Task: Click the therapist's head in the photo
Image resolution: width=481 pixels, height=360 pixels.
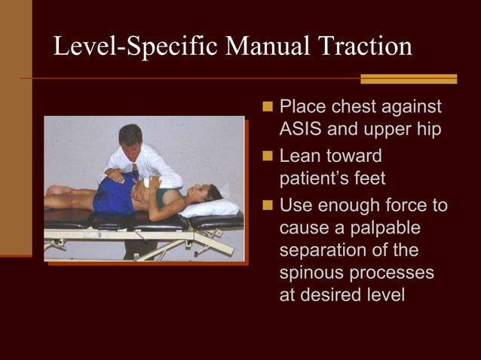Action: [x=130, y=137]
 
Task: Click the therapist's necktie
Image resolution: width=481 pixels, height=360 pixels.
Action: [x=136, y=169]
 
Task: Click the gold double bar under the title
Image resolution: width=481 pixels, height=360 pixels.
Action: [x=408, y=78]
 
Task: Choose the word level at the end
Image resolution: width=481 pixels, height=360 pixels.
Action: [x=380, y=294]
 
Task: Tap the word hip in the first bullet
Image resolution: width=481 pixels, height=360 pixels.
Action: [x=427, y=129]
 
